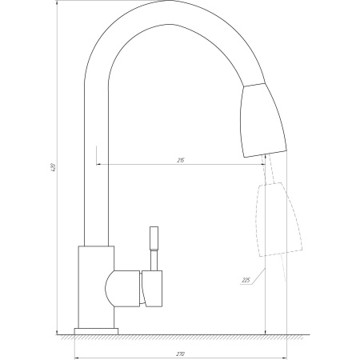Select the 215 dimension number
point(181,161)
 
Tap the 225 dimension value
point(246,280)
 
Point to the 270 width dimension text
point(181,354)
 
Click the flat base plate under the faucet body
point(96,330)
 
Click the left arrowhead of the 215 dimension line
point(100,165)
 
